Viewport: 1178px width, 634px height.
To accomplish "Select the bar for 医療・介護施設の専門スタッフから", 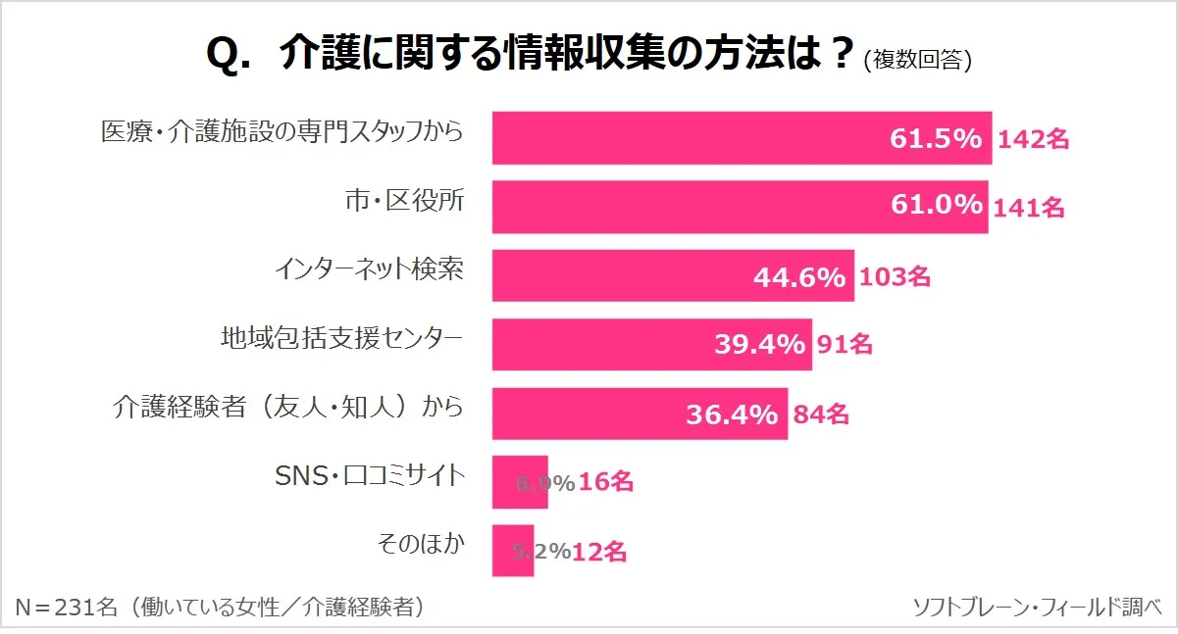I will pos(687,138).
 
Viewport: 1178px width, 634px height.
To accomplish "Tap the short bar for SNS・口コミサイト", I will pos(504,482).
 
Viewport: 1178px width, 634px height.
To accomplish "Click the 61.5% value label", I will pos(936,139).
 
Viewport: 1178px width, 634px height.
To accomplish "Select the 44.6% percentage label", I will pos(799,277).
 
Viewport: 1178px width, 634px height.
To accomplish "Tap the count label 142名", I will pos(1033,139).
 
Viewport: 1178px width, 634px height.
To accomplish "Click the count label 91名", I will pos(845,345).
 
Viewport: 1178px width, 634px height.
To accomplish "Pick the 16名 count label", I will pos(606,483).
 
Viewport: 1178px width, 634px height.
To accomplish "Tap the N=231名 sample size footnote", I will pos(221,608).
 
